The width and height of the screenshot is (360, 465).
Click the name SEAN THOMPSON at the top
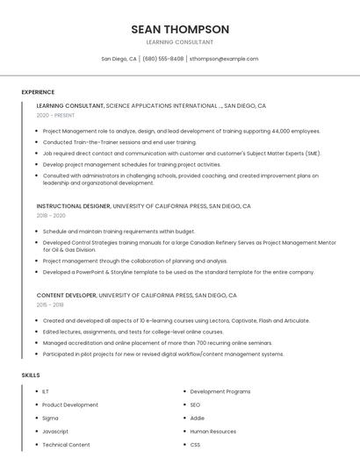[180, 29]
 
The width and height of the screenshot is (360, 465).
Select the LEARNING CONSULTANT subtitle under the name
[180, 42]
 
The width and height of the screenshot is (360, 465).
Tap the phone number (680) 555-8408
[162, 59]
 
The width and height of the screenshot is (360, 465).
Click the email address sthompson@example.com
[224, 59]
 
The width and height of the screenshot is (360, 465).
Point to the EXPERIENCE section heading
[38, 92]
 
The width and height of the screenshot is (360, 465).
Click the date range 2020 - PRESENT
[56, 115]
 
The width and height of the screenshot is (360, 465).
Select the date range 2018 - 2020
[51, 215]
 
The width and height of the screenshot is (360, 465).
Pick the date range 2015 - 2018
[50, 304]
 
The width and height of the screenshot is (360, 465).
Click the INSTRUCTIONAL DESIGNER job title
[74, 206]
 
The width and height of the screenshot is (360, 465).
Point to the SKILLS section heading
[31, 376]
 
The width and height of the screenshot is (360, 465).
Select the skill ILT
[46, 391]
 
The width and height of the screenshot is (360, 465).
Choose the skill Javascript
[55, 432]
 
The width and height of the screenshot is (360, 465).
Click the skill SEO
[195, 404]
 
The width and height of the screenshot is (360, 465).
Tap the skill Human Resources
[212, 432]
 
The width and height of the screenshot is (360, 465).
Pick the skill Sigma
[50, 418]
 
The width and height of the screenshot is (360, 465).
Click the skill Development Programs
[220, 391]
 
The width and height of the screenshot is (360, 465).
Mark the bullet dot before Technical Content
[35, 445]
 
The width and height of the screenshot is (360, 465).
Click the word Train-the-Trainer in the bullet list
[92, 142]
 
